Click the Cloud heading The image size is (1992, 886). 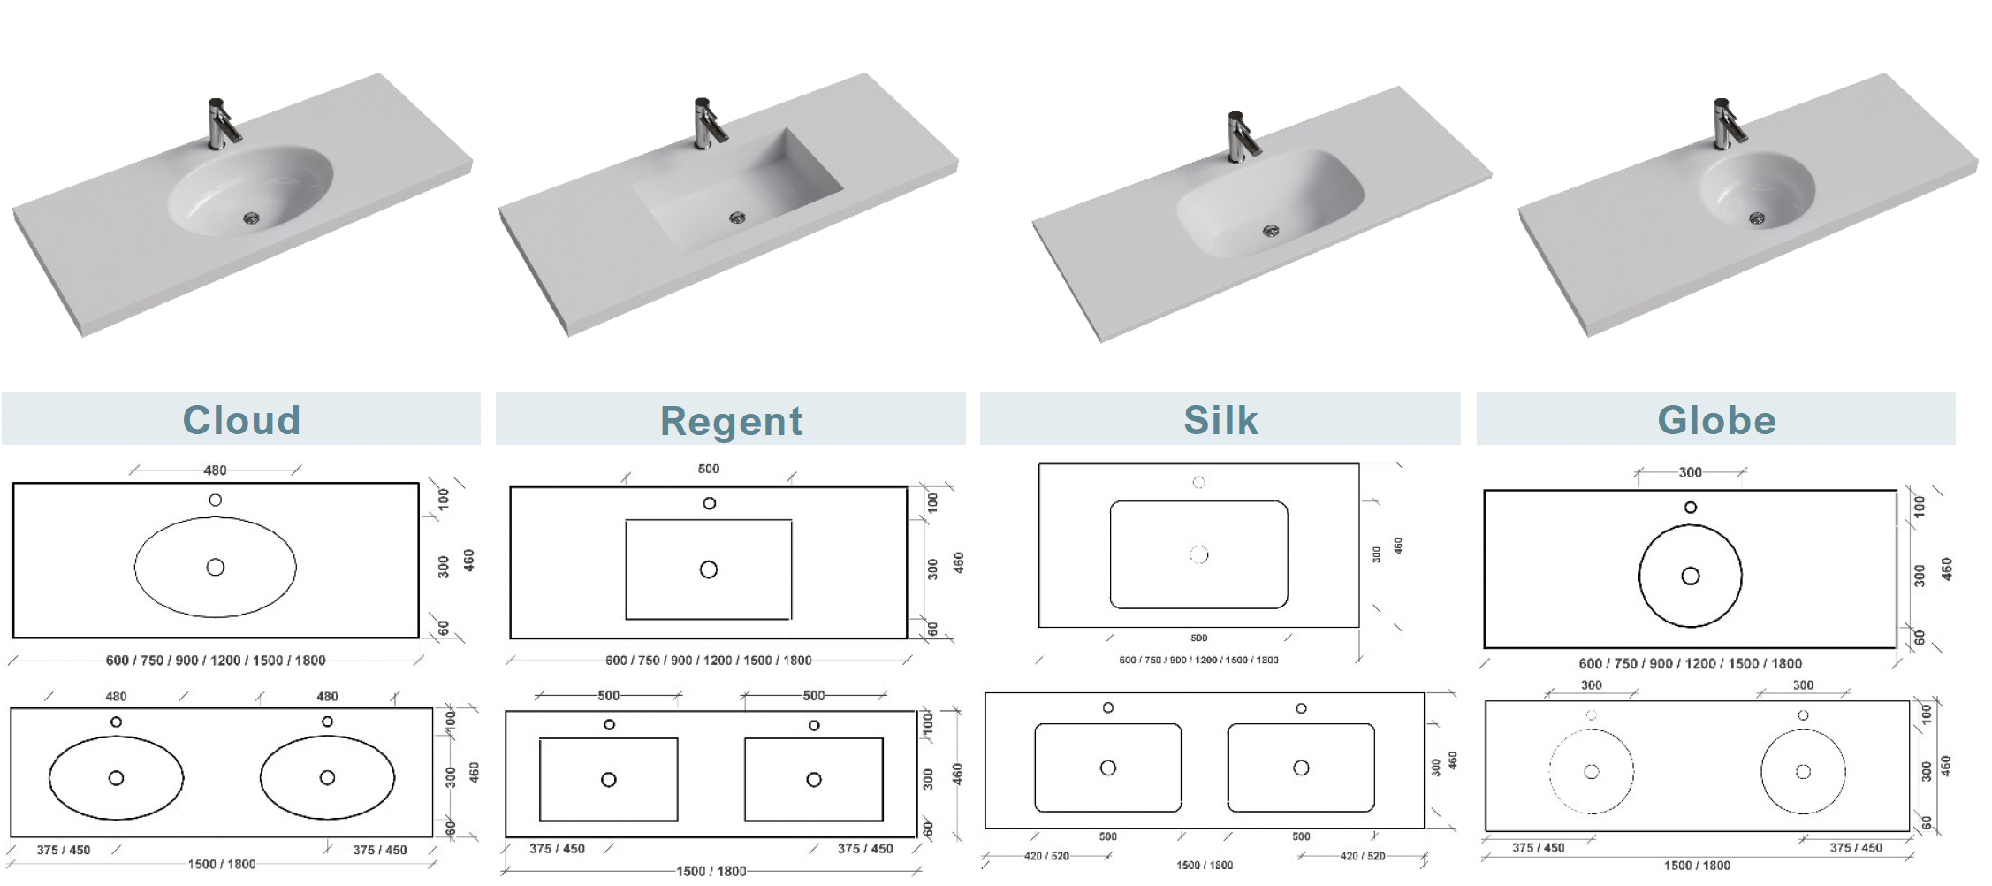[241, 420]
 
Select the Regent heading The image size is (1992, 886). [732, 421]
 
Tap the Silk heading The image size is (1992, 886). [1220, 420]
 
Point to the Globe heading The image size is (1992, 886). [1716, 420]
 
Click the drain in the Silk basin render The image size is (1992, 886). [1271, 231]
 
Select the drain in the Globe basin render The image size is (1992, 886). [1757, 218]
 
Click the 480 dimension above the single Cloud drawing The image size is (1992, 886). [215, 470]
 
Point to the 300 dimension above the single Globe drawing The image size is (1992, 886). [1690, 472]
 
